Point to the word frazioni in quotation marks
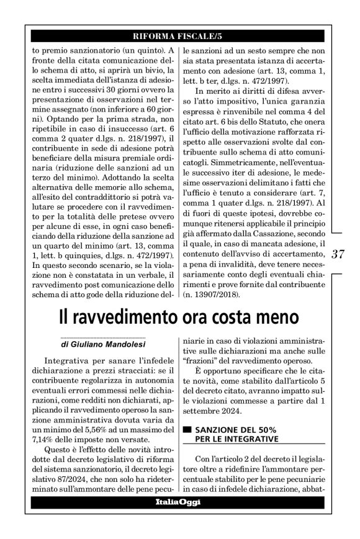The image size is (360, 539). pyautogui.click(x=202, y=360)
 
